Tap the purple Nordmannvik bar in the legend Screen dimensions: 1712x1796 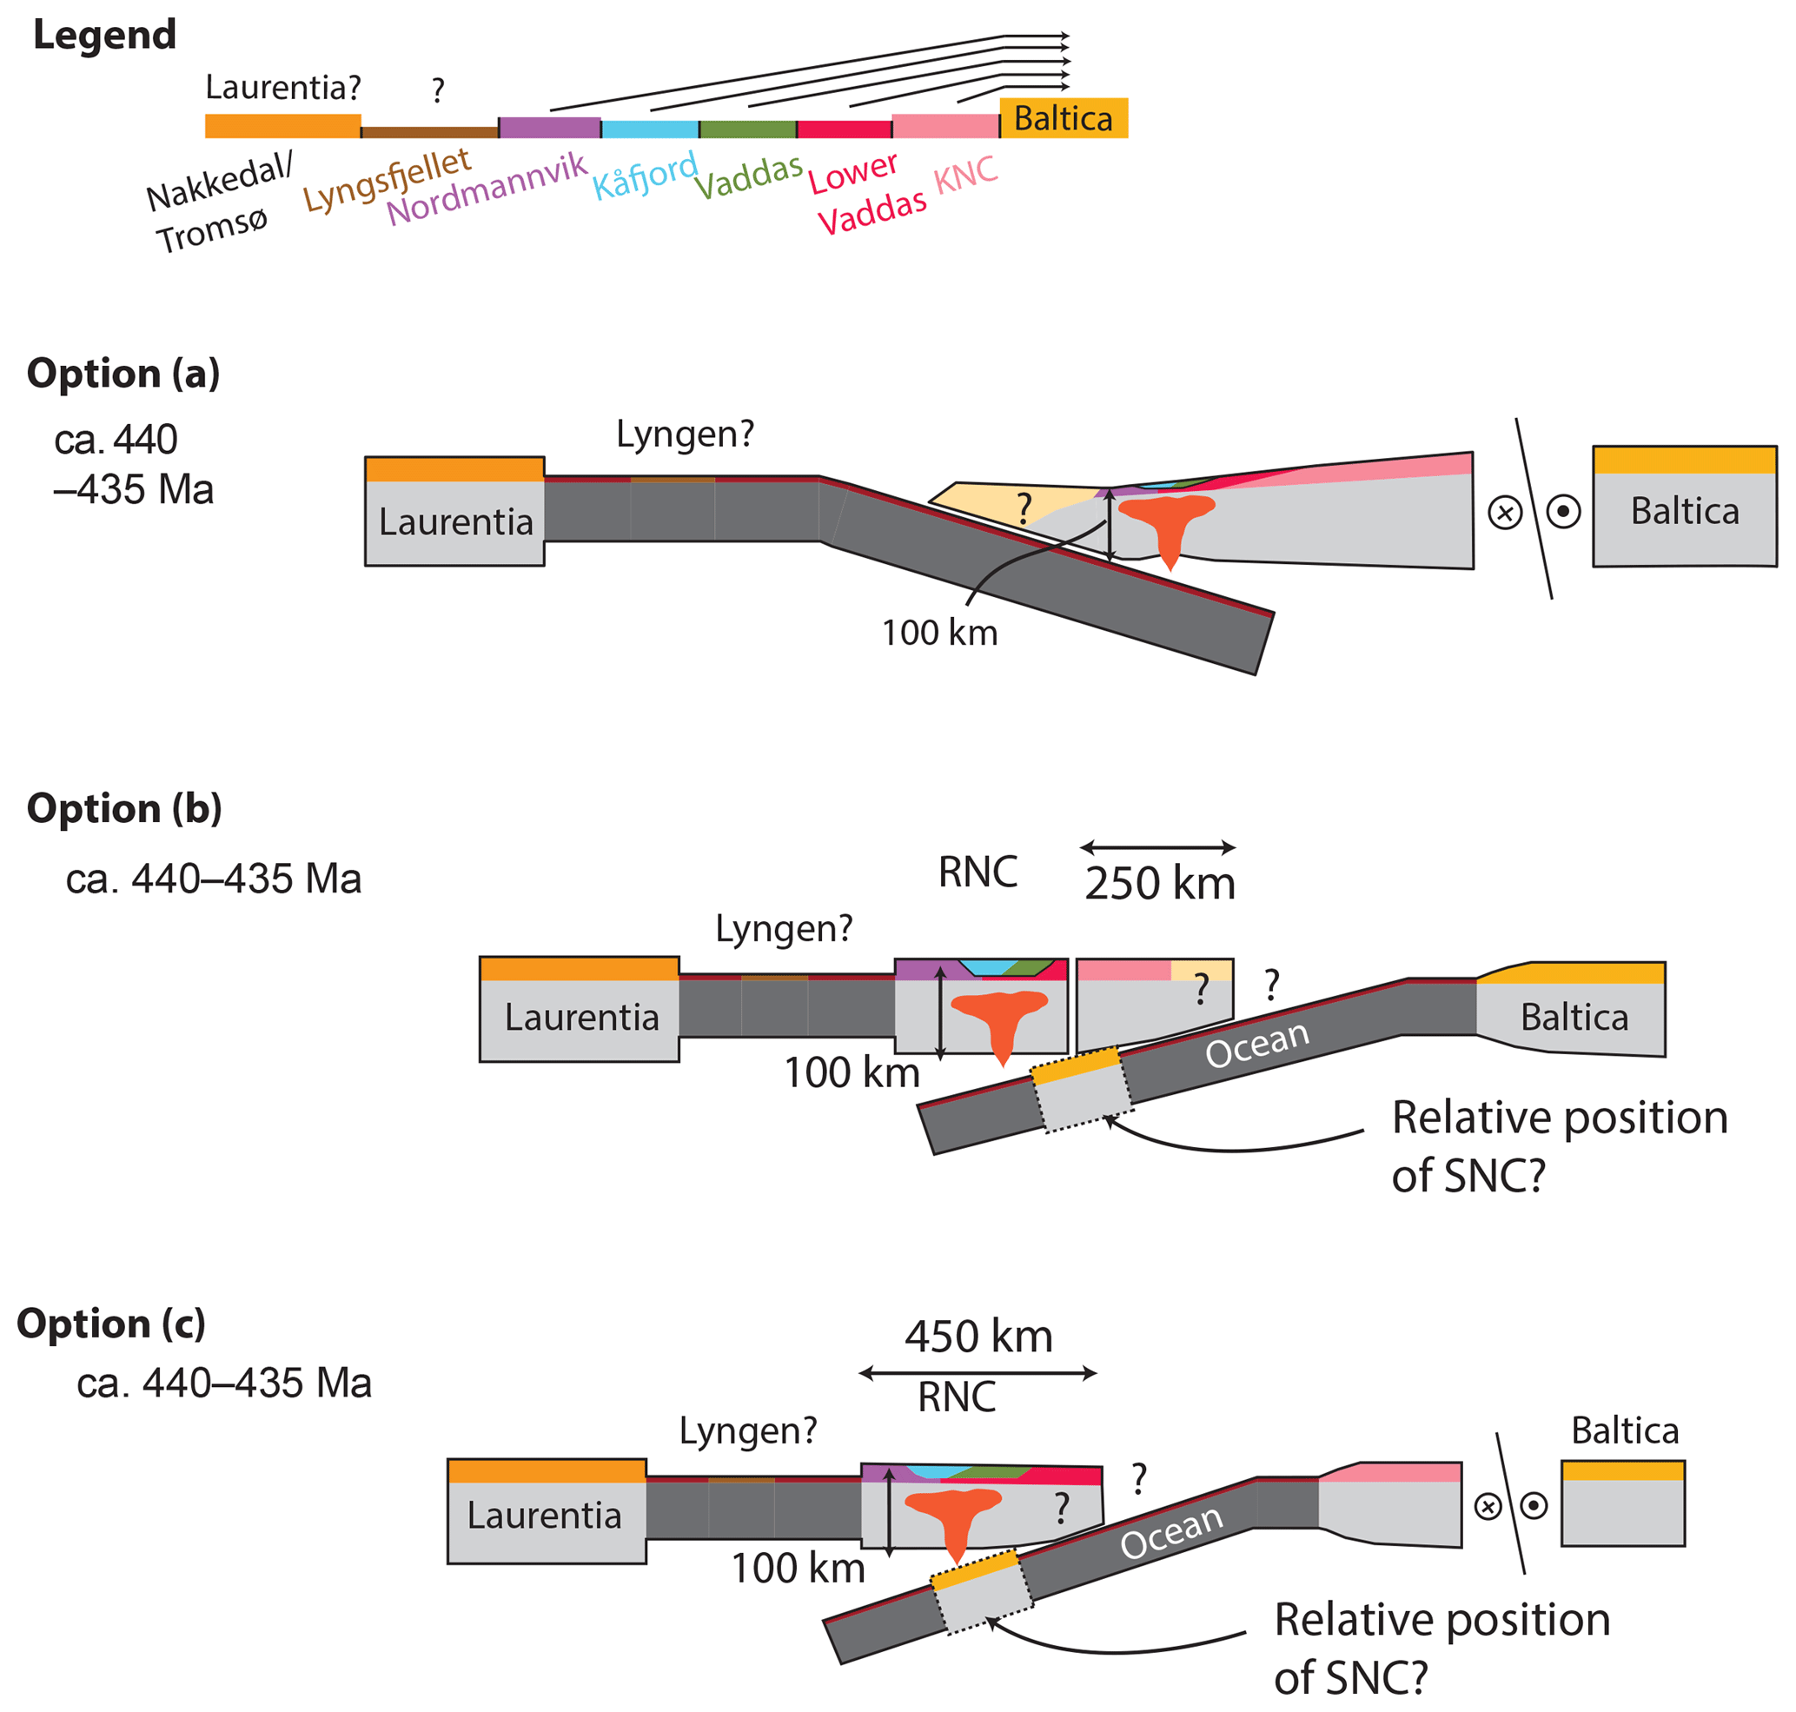click(549, 128)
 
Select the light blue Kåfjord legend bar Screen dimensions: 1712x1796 click(650, 129)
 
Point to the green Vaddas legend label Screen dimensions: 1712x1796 click(748, 176)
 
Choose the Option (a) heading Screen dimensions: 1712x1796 click(123, 373)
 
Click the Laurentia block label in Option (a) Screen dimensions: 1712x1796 click(455, 522)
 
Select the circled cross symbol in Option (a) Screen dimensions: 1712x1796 click(1505, 512)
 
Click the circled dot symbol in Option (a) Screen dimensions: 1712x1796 click(1563, 511)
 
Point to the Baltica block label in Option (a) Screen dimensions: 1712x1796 click(1685, 511)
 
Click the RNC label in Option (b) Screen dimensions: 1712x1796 click(978, 873)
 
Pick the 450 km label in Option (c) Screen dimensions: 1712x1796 click(978, 1337)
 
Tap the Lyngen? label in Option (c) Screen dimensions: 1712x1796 click(747, 1430)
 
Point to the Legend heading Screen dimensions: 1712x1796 click(104, 35)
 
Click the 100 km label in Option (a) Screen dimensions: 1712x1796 click(939, 633)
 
